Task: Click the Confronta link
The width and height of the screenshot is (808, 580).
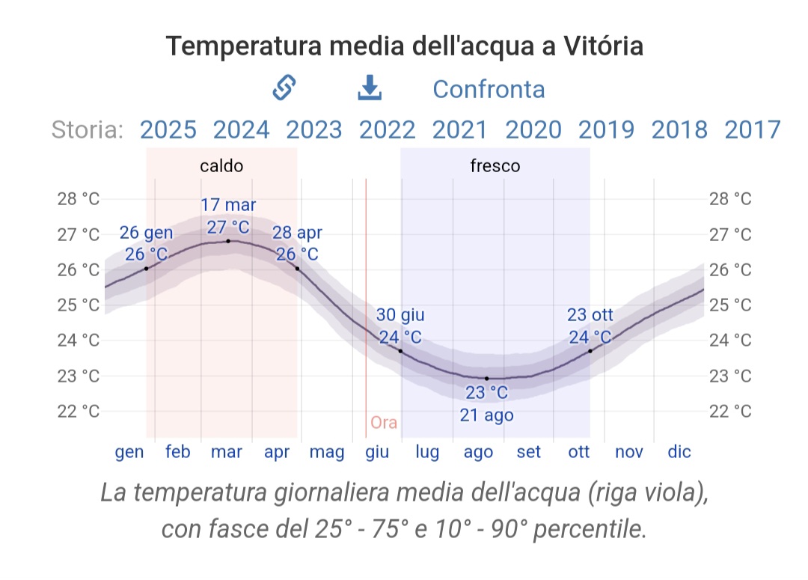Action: coord(489,89)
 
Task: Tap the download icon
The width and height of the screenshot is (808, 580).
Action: coord(370,88)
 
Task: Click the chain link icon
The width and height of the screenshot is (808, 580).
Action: coord(284,88)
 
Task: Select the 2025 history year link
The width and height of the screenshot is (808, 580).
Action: coord(168,129)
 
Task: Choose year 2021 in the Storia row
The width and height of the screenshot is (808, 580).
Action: coord(460,129)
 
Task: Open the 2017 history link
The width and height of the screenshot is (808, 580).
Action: coord(752,129)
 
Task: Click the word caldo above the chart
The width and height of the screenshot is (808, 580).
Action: coord(221,165)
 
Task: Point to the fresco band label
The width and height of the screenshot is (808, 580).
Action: coord(495,165)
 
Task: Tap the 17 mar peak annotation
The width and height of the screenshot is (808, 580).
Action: coord(228,205)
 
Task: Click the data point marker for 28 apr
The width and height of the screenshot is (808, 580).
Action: coord(297,268)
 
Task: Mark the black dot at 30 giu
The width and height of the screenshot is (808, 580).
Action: coord(400,350)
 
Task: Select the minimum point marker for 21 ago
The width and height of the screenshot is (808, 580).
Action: coord(486,379)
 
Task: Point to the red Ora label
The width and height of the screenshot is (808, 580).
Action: coord(384,423)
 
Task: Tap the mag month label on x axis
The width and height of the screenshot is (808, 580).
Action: coord(327,452)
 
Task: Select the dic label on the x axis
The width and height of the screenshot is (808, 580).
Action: coord(679,452)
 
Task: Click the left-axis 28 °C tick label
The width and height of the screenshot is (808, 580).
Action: coord(79,199)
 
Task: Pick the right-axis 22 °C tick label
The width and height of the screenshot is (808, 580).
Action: coord(730,411)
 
